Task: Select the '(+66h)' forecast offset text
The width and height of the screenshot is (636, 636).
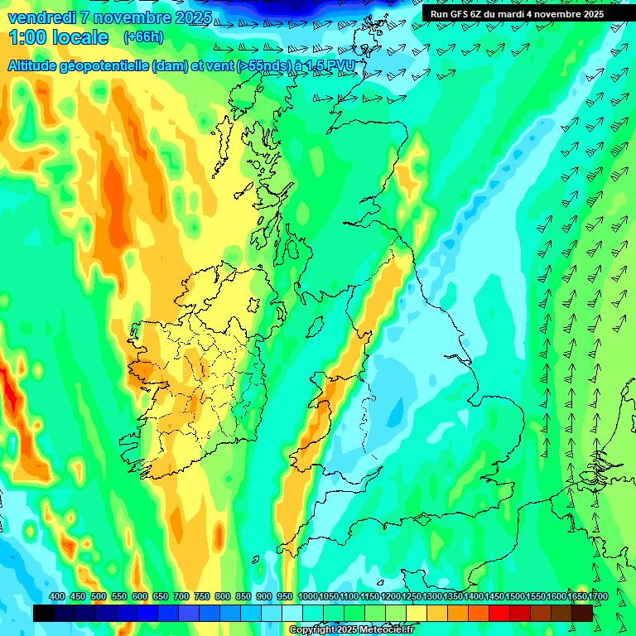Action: (143, 37)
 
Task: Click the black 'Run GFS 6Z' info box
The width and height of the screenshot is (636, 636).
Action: (517, 14)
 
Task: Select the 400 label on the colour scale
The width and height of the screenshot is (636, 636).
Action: (57, 597)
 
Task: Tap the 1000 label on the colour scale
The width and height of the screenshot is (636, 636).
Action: (308, 597)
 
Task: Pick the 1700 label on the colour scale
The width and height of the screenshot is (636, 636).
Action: (577, 597)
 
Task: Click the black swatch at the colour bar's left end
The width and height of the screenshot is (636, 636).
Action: (44, 613)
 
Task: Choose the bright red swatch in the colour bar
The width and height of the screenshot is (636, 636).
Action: (499, 613)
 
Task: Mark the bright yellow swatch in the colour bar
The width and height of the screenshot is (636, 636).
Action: (417, 613)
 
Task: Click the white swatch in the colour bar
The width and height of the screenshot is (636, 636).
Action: (292, 613)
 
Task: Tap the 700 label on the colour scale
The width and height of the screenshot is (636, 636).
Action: (181, 597)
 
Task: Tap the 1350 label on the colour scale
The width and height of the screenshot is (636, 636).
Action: (452, 597)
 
